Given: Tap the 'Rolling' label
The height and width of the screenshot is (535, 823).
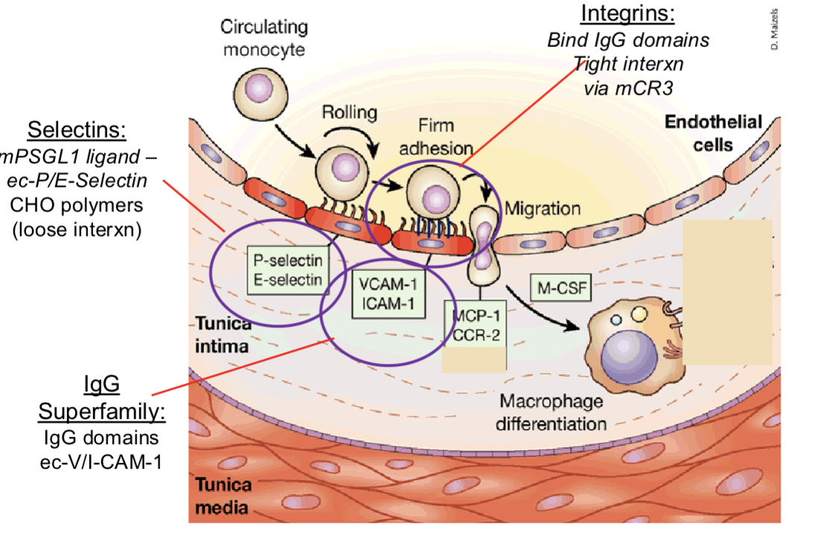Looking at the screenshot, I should [350, 112].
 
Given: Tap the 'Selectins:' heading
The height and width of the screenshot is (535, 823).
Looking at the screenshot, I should [77, 130].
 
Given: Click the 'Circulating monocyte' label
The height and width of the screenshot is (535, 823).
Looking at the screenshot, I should [264, 38].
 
